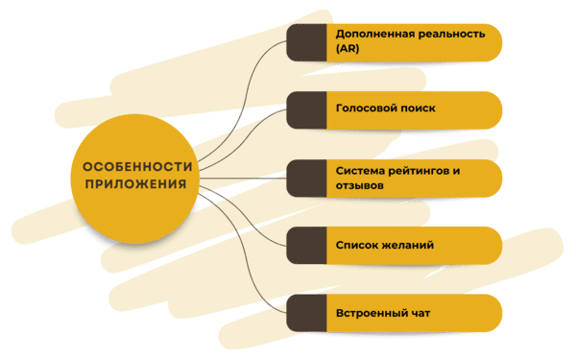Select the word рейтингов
click(x=422, y=169)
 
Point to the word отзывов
click(x=360, y=184)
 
